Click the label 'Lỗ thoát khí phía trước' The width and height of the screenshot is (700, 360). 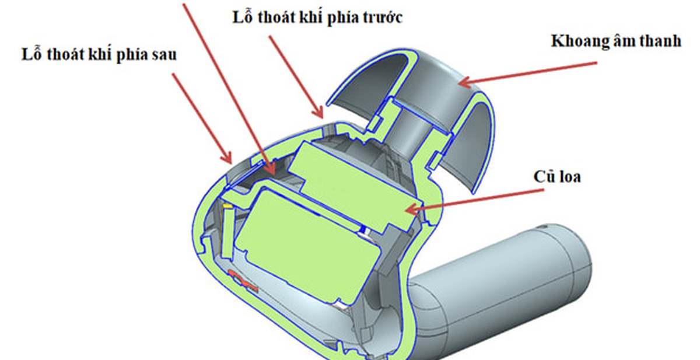coord(317,18)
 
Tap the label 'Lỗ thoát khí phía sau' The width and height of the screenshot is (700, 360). coord(99,54)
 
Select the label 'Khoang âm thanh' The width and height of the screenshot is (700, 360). coord(616,41)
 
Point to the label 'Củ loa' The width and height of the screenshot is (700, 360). coord(557,177)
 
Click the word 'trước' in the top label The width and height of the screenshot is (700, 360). coord(383,18)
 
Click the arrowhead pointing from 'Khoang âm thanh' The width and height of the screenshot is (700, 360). coord(466,82)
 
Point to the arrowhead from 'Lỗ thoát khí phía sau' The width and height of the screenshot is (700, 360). coord(227,158)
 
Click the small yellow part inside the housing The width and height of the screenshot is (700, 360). coord(227,207)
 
